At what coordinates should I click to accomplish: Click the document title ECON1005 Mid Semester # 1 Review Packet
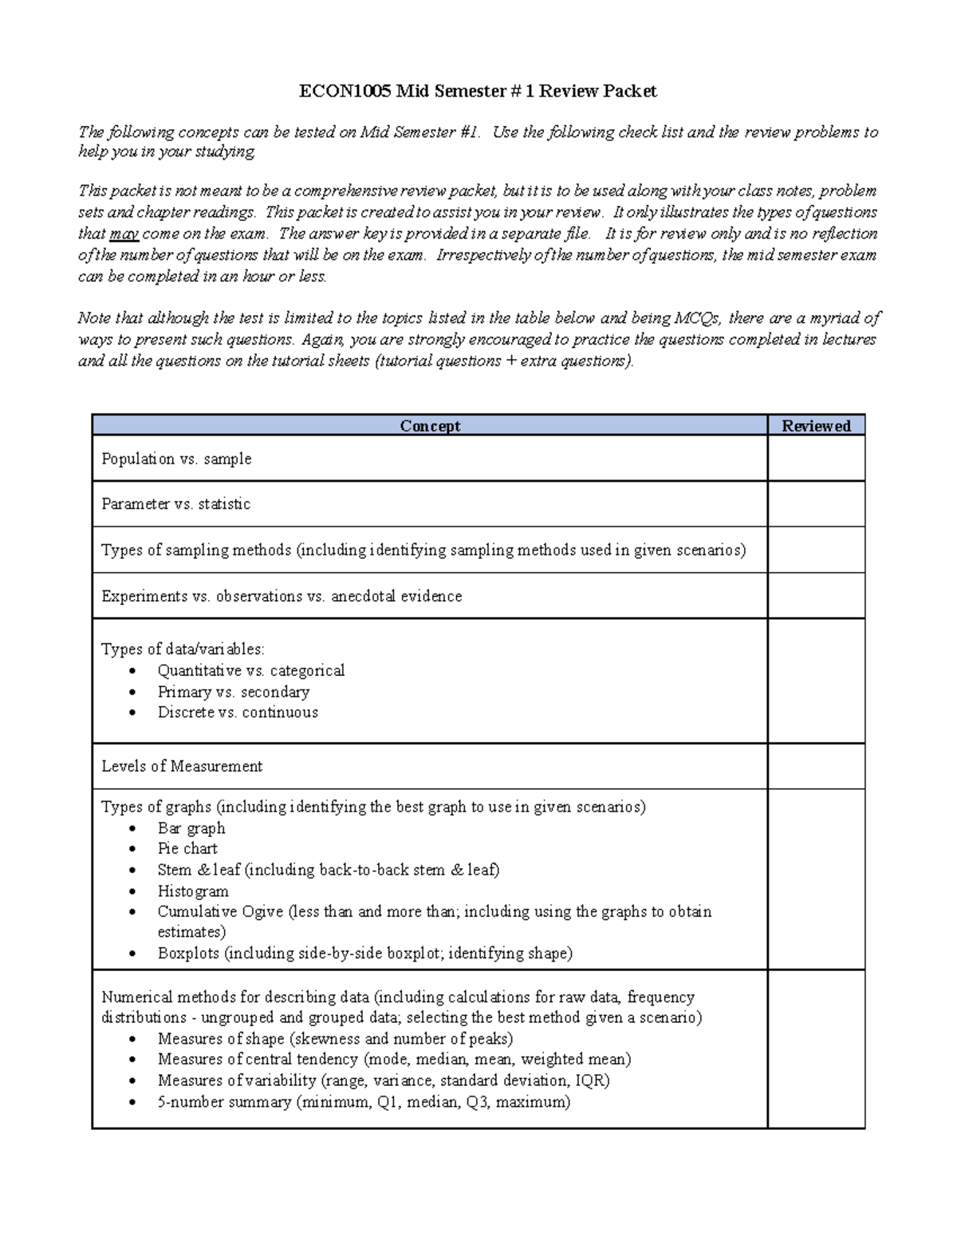478,91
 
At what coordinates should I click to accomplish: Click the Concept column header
430,425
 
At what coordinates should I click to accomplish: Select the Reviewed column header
816,425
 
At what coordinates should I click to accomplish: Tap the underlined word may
124,234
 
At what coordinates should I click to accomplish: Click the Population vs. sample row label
176,459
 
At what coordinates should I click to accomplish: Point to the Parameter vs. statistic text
175,504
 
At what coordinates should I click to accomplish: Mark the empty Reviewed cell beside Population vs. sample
816,458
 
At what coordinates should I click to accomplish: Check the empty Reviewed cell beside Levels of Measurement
816,766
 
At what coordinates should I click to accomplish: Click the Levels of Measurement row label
182,766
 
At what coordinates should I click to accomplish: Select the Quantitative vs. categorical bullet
250,670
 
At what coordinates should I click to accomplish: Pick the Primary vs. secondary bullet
233,692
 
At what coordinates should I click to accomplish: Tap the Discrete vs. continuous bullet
238,713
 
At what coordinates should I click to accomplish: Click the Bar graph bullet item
191,828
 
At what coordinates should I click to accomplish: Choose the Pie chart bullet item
187,849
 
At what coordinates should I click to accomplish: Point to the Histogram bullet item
193,891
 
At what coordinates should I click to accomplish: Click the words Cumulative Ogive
220,911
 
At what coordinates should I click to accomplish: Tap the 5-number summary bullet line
364,1102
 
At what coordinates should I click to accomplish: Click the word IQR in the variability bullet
591,1080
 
